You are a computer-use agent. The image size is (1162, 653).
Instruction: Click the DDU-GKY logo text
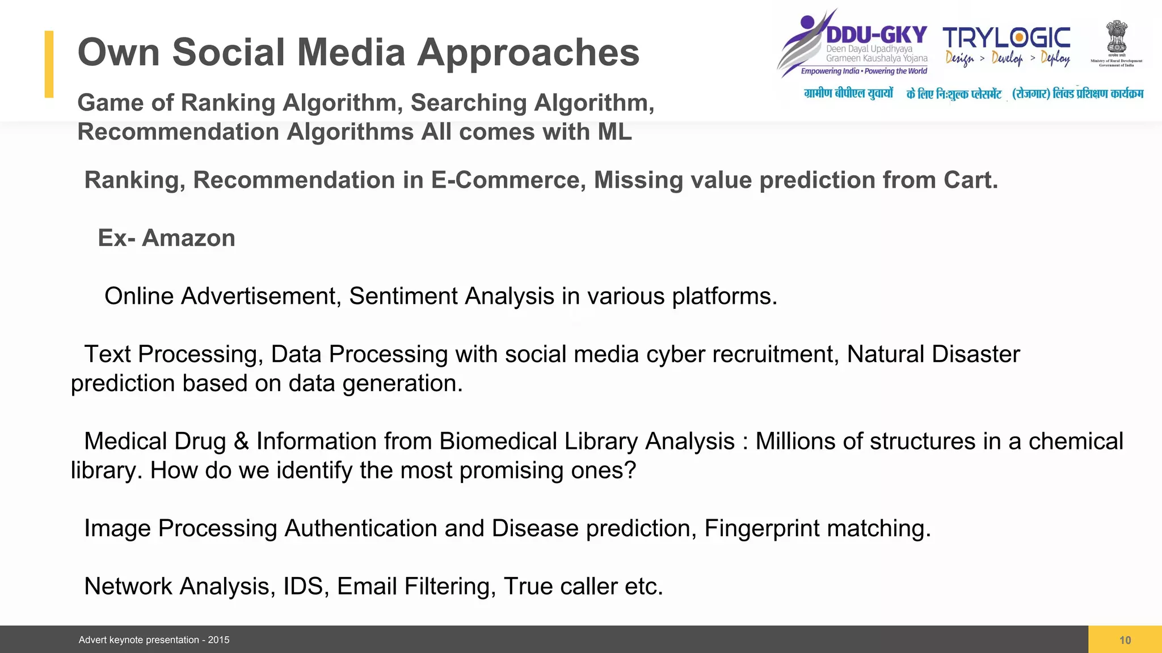(877, 35)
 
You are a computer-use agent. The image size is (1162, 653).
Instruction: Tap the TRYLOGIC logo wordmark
(1007, 38)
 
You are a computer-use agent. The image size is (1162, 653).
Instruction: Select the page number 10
(1125, 640)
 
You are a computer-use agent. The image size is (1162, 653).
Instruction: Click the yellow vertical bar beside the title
(49, 64)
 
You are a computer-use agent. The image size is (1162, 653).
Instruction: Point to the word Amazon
(188, 238)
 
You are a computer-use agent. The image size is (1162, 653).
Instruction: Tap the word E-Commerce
(508, 180)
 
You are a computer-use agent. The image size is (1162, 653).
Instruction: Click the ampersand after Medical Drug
(241, 442)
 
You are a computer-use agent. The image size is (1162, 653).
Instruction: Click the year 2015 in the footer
(218, 640)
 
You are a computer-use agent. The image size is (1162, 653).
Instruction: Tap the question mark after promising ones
(630, 470)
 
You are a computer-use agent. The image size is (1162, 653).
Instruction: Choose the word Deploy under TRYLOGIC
(1055, 58)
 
